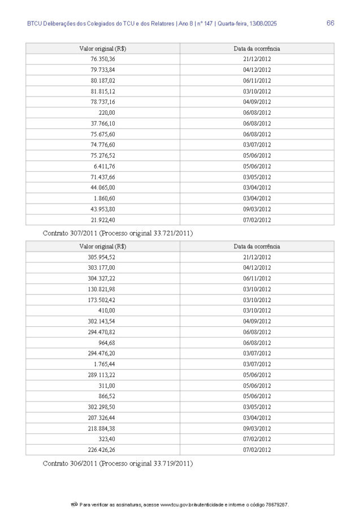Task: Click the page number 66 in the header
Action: point(330,23)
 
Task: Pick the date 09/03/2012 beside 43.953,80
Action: point(257,209)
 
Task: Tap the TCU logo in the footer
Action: point(74,504)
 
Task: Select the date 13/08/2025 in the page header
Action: point(261,24)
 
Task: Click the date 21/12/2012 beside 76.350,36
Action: point(257,59)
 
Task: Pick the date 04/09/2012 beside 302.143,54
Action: point(257,321)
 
